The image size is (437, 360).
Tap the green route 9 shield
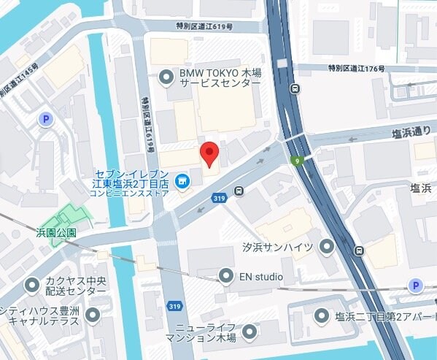pyautogui.click(x=297, y=160)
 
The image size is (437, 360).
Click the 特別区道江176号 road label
pyautogui.click(x=356, y=69)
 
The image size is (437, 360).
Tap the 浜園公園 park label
pyautogui.click(x=56, y=232)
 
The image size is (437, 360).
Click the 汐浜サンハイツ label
pyautogui.click(x=277, y=248)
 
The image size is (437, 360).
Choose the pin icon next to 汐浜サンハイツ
pyautogui.click(x=326, y=248)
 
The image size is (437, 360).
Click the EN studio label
pyautogui.click(x=261, y=277)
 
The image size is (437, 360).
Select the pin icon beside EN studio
pyautogui.click(x=226, y=276)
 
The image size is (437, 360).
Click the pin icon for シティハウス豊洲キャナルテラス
pyautogui.click(x=93, y=315)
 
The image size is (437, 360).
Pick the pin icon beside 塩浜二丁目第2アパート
pyautogui.click(x=321, y=315)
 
